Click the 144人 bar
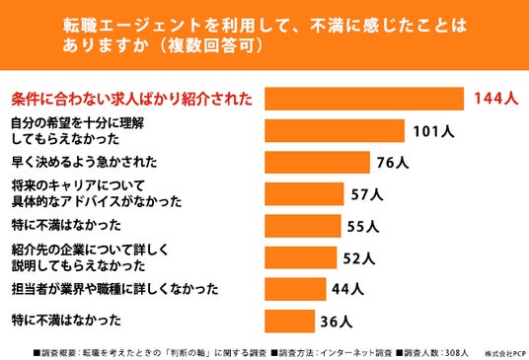click(x=364, y=99)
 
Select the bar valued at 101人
click(x=335, y=131)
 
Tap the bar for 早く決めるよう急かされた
click(x=317, y=163)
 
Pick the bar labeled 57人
click(x=304, y=194)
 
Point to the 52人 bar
click(x=301, y=257)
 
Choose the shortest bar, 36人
click(x=289, y=322)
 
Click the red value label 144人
click(x=495, y=99)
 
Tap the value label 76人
click(x=393, y=163)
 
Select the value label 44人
click(x=347, y=289)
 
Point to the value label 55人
click(x=363, y=226)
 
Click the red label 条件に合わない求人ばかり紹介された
click(x=132, y=99)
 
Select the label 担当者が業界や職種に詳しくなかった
click(x=114, y=289)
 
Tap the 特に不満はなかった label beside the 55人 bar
click(x=66, y=225)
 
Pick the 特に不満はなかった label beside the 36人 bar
click(x=66, y=320)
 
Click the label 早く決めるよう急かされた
click(x=84, y=162)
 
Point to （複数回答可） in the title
click(x=211, y=45)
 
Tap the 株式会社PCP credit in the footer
click(x=505, y=354)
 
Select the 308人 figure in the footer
click(x=457, y=353)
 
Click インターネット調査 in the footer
click(x=356, y=353)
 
